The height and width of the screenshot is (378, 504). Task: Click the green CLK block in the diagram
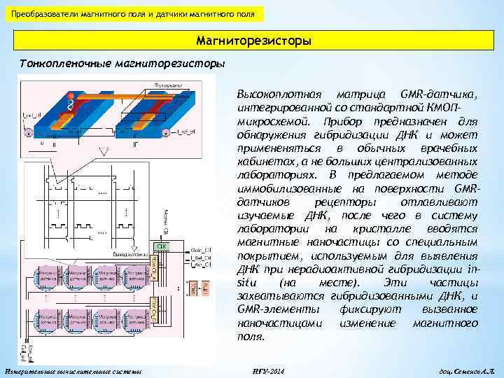click(160, 246)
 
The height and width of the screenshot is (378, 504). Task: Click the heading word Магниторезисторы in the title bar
click(254, 42)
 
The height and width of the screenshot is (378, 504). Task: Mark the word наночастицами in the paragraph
click(280, 323)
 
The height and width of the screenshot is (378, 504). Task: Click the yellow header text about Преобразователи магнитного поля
click(133, 13)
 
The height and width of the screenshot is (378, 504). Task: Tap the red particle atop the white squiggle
click(69, 95)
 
